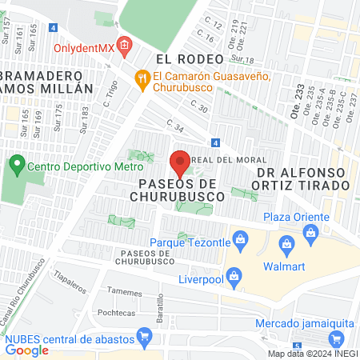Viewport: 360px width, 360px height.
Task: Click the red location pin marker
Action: point(180,163)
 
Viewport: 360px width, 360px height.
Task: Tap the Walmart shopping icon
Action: point(286,243)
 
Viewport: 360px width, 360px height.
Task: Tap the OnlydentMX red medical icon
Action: point(124,46)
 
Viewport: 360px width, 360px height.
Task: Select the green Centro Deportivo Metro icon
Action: point(16,166)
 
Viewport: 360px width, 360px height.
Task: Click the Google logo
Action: point(26,350)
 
